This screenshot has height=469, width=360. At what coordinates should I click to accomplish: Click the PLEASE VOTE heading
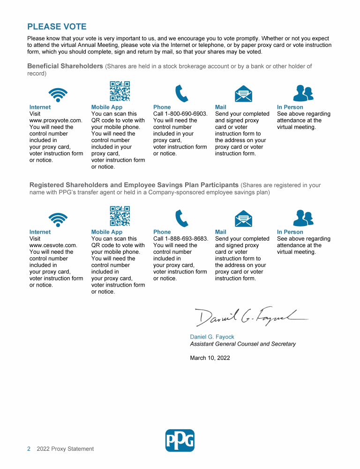point(57,27)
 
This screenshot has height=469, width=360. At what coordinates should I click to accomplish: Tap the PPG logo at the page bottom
point(180,440)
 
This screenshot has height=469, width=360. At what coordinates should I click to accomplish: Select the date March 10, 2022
point(210,358)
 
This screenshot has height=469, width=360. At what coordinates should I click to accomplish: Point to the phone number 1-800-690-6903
point(186,114)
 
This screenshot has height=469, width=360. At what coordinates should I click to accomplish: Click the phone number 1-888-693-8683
point(187,239)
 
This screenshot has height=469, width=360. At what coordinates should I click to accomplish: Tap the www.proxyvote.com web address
point(56,121)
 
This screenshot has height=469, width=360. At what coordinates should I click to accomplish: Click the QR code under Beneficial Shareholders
point(120,91)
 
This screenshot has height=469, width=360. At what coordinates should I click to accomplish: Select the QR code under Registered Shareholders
point(120,216)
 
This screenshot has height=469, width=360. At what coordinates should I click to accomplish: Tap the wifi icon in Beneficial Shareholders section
point(58,94)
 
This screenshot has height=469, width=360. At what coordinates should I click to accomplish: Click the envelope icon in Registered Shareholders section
point(243,219)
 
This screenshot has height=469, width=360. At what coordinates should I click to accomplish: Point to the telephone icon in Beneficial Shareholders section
point(181,94)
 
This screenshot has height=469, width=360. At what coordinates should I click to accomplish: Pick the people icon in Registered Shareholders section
point(303,219)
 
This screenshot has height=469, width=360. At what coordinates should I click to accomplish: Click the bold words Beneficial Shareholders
point(65,66)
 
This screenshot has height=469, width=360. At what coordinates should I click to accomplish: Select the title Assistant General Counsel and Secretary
point(243,344)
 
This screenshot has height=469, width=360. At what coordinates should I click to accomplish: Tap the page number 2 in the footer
point(29,449)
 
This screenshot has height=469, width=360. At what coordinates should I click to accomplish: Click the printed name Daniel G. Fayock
point(212,337)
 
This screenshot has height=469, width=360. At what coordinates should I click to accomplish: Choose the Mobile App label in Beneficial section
point(107,107)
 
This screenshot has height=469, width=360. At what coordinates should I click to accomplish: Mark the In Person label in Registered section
point(290,232)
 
